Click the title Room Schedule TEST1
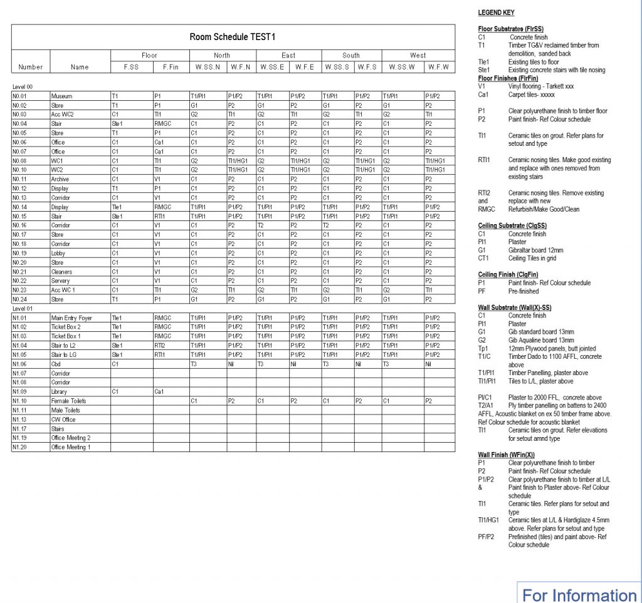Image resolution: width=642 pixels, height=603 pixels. tap(233, 37)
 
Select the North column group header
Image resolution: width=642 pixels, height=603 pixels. tap(222, 55)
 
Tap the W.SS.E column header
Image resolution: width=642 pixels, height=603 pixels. tap(272, 67)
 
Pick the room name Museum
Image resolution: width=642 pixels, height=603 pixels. tap(61, 96)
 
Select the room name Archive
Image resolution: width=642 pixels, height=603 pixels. tap(60, 179)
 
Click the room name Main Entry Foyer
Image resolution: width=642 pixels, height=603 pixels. tap(71, 318)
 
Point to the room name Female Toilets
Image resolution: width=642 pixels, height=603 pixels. tap(68, 401)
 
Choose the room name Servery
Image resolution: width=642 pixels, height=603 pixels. tap(61, 281)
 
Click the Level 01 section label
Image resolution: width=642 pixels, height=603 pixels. tap(22, 309)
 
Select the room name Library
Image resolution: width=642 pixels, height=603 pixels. tap(60, 391)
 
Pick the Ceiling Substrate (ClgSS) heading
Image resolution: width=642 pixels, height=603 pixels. tap(512, 225)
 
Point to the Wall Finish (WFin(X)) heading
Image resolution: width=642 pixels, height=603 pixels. tap(506, 455)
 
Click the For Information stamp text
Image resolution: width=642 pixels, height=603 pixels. tap(579, 594)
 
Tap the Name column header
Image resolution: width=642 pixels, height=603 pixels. tap(80, 67)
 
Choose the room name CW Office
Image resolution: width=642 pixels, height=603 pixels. tap(63, 420)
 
